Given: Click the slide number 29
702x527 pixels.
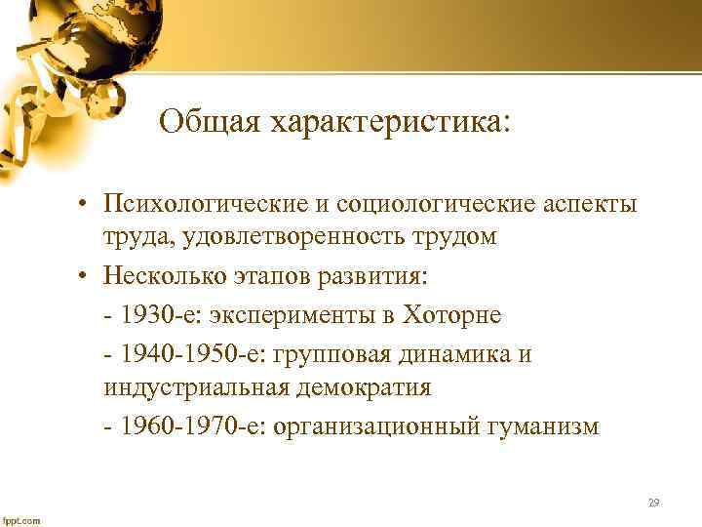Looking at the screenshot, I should click(x=653, y=503).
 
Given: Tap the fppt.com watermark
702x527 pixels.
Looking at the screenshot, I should click(x=21, y=520).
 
